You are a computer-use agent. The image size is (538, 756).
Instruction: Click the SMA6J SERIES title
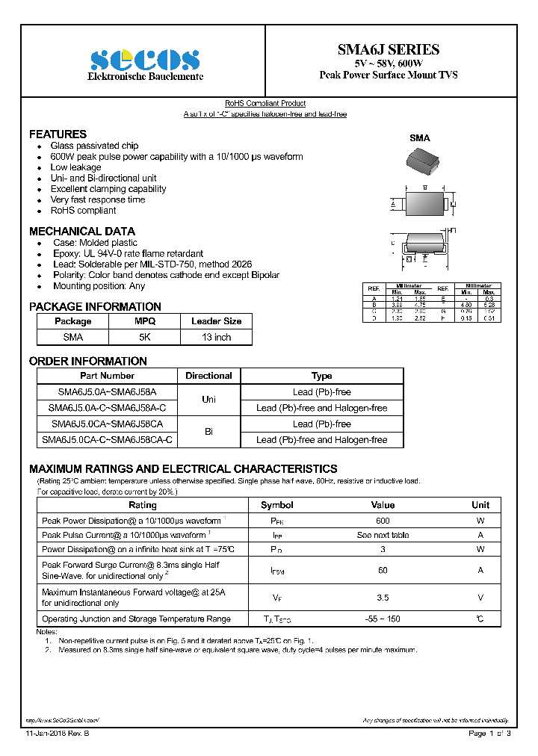[x=388, y=50]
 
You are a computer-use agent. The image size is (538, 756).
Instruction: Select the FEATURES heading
[x=58, y=134]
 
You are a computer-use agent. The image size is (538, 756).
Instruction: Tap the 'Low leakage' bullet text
[x=75, y=167]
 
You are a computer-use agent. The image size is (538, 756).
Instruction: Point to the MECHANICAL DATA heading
[x=82, y=232]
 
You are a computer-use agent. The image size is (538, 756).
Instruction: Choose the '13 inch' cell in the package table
[x=217, y=337]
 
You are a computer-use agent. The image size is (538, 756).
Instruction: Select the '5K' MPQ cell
[x=145, y=337]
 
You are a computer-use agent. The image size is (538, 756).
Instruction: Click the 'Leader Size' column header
[x=217, y=321]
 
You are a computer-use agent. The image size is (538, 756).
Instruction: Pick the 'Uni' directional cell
[x=208, y=400]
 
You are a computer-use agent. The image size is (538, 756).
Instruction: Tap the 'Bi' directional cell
[x=208, y=432]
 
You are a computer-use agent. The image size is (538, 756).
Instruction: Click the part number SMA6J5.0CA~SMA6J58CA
[x=107, y=424]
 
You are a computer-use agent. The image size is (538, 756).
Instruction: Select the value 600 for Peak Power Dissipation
[x=383, y=521]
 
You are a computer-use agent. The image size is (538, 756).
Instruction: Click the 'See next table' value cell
[x=383, y=536]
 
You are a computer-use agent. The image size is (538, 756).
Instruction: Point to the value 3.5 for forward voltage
[x=383, y=598]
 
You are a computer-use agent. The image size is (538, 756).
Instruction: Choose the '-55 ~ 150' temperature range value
[x=383, y=619]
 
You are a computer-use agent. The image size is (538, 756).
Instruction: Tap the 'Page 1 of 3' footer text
[x=489, y=734]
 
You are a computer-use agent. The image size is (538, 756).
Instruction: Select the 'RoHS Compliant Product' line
[x=265, y=104]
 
